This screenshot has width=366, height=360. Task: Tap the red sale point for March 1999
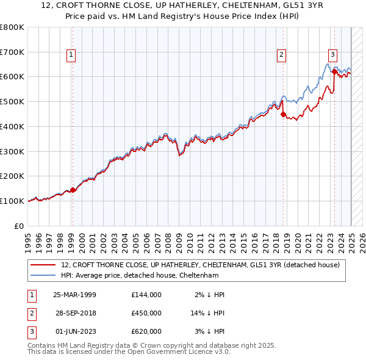[x=73, y=190]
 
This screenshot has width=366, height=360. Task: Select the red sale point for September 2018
[x=283, y=113]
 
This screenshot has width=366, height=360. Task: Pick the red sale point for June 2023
[x=334, y=71]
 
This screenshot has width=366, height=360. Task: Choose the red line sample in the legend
[x=43, y=265]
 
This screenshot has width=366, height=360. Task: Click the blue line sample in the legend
[x=43, y=275]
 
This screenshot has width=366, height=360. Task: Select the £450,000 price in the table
[x=146, y=314]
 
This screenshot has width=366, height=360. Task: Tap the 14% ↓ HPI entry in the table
[x=208, y=314]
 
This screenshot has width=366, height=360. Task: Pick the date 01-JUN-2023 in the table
[x=75, y=331]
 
